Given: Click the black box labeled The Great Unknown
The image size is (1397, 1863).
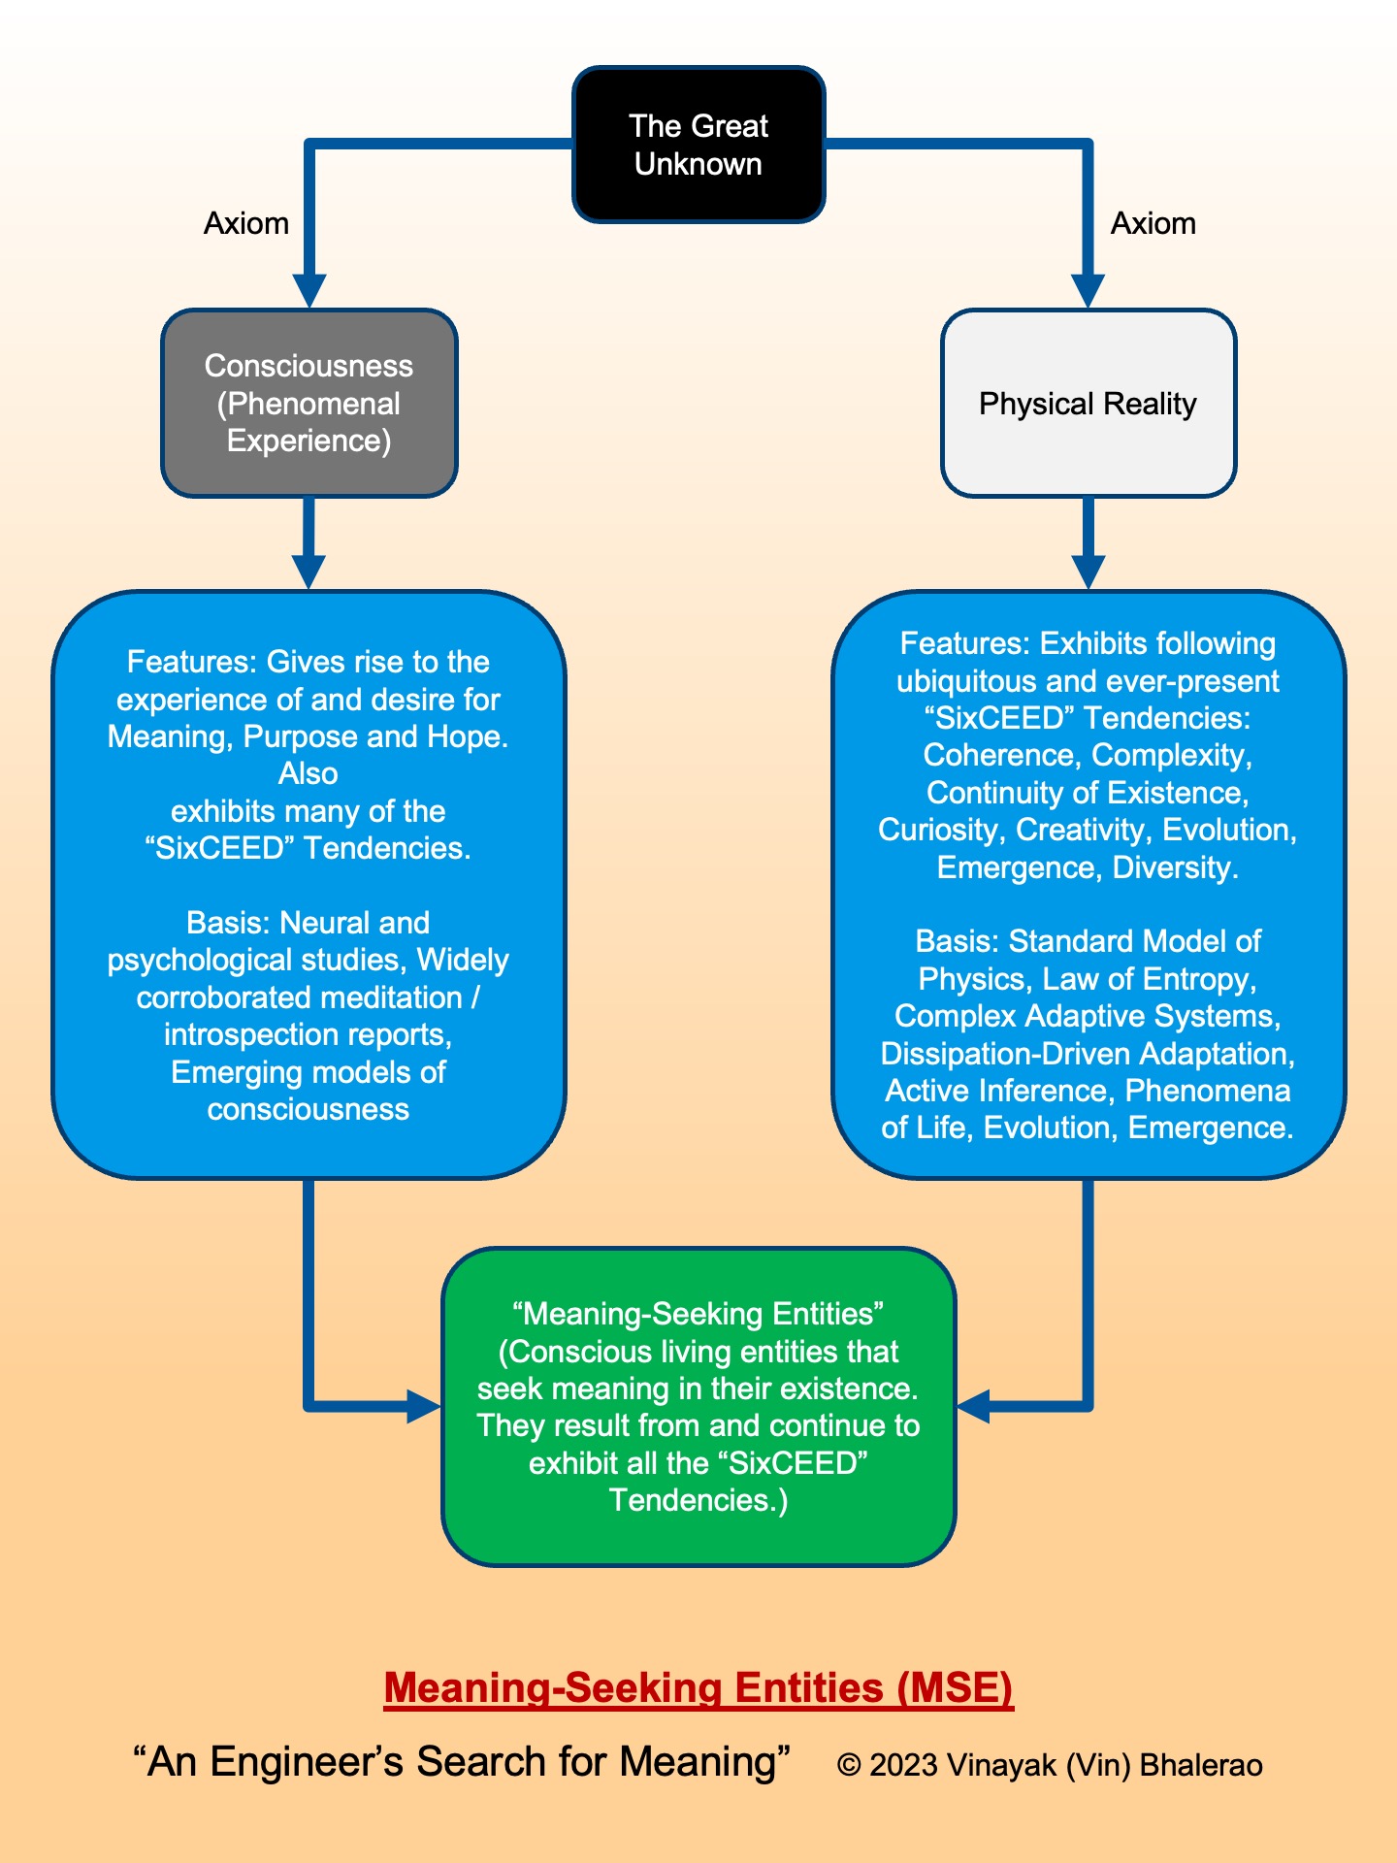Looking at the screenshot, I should click(698, 145).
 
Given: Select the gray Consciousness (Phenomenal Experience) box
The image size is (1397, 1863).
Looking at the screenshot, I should click(309, 403).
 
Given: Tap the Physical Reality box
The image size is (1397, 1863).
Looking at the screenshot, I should click(1088, 403).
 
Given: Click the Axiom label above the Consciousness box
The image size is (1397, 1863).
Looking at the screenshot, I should click(245, 223).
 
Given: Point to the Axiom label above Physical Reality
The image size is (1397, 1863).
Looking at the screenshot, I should click(1153, 223).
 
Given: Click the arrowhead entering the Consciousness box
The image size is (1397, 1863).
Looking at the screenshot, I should click(309, 290).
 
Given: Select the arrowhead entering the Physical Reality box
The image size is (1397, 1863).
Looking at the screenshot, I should click(1088, 290).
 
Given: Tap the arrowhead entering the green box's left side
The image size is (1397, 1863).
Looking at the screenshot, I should click(424, 1406).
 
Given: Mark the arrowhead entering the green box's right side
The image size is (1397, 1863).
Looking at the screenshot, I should click(973, 1406).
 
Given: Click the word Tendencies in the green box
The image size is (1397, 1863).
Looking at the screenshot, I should click(694, 1500).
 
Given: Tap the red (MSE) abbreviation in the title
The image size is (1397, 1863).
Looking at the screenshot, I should click(956, 1688).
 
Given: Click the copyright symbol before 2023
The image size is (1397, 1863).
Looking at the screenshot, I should click(850, 1765).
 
